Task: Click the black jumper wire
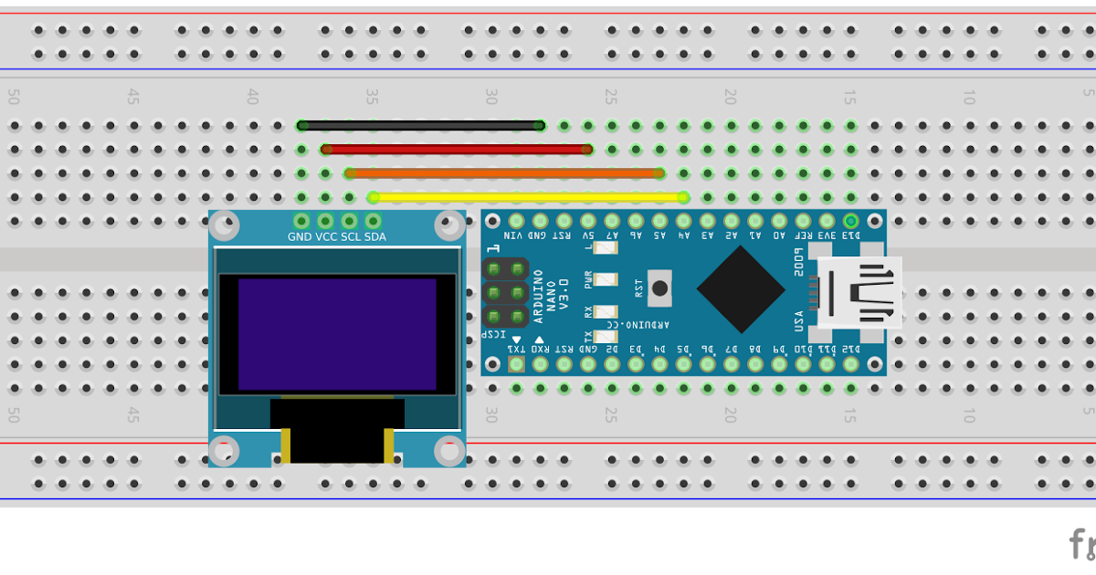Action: [420, 126]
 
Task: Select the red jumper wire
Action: [457, 149]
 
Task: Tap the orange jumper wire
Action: [502, 172]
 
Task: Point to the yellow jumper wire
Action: [528, 196]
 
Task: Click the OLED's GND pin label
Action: [300, 237]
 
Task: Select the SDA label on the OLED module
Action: [375, 237]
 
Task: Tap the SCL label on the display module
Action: [351, 237]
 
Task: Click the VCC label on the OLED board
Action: [326, 237]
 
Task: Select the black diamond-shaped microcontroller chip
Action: [741, 288]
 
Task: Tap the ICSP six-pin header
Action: [505, 293]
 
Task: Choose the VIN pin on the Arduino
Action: [516, 221]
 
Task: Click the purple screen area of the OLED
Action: [337, 334]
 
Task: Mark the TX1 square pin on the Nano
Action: [516, 364]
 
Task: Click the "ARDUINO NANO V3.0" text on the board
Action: [550, 296]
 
